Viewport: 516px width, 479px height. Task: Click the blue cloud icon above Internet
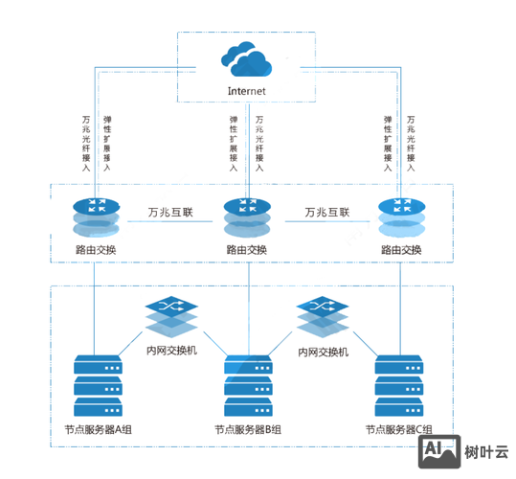[246, 60]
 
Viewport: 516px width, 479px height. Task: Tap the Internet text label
[246, 91]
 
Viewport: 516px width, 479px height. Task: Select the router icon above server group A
[95, 217]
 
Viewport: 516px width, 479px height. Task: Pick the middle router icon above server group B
[246, 218]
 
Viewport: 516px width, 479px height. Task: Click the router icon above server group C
[400, 217]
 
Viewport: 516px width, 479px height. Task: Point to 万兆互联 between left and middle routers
[170, 212]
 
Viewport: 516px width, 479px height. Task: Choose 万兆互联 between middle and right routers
[327, 212]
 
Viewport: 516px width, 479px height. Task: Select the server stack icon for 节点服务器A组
[95, 384]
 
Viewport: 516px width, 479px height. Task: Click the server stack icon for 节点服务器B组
[247, 384]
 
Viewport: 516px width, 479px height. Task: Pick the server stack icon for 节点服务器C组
[399, 384]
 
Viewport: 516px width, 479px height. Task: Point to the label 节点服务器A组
[95, 429]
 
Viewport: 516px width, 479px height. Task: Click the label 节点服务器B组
[247, 430]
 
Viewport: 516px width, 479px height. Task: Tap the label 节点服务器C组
[399, 430]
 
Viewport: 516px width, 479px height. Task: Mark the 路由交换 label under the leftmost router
[95, 250]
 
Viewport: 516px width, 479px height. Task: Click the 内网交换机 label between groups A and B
[170, 351]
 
